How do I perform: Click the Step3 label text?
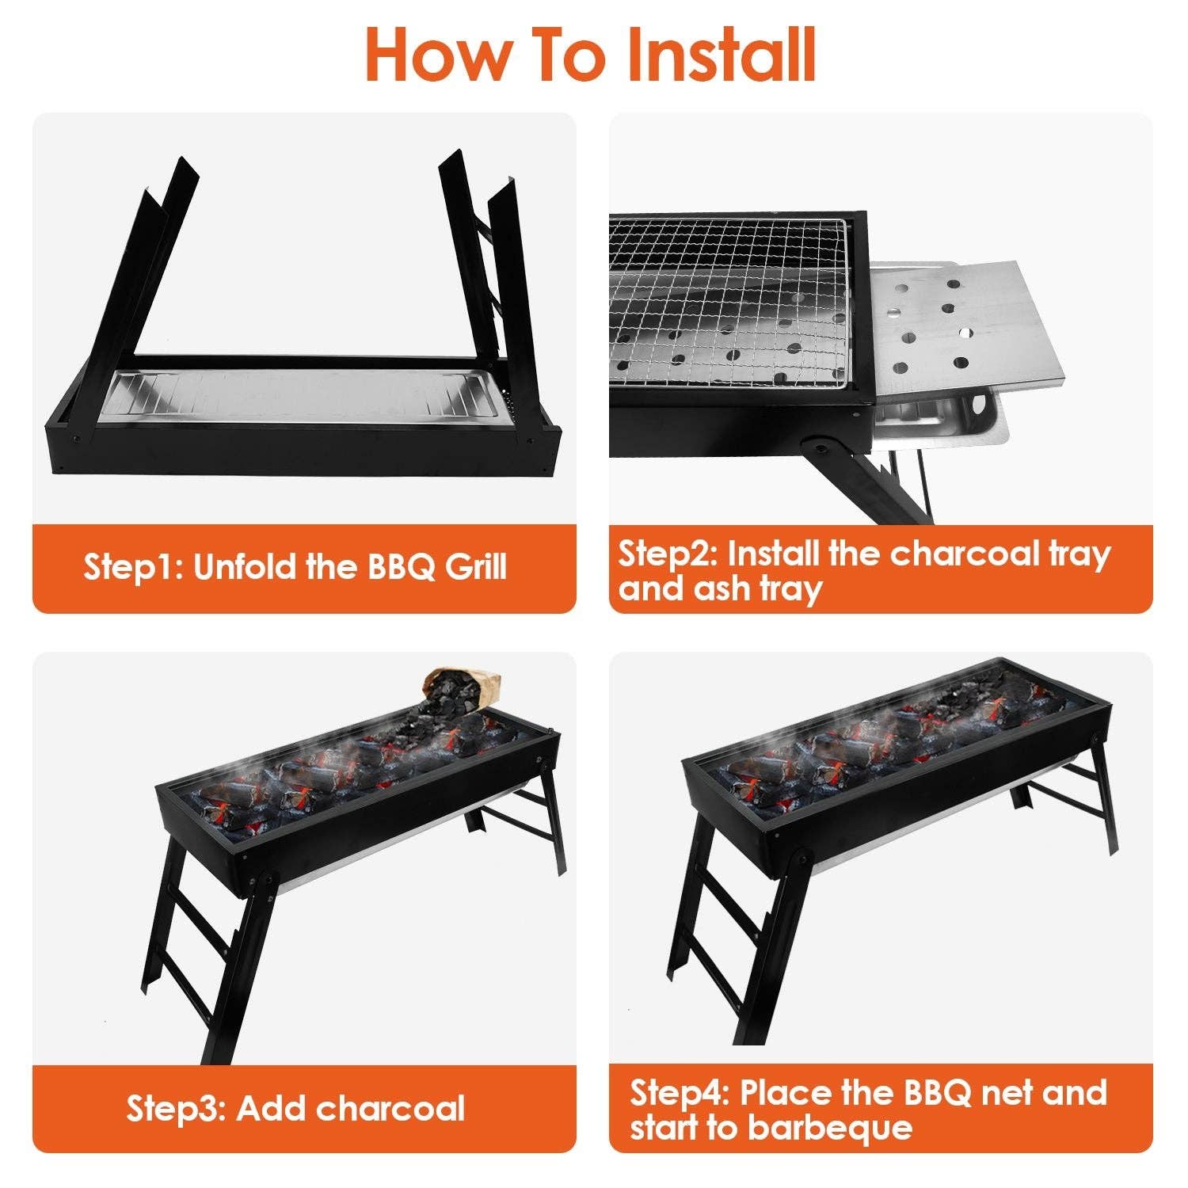pos(176,1109)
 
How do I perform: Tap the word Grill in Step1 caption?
pos(475,567)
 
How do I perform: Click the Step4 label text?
pos(678,1093)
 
